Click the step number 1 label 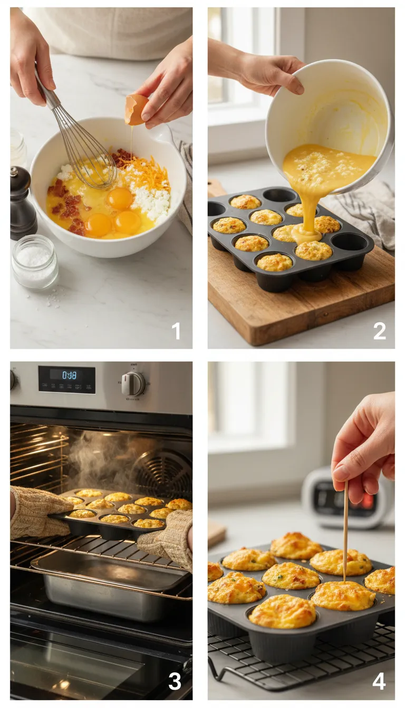pyautogui.click(x=176, y=331)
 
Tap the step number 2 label pyautogui.click(x=379, y=331)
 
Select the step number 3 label pyautogui.click(x=175, y=681)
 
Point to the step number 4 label pyautogui.click(x=379, y=681)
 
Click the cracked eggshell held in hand pyautogui.click(x=136, y=109)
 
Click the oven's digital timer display pyautogui.click(x=67, y=376)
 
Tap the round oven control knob pyautogui.click(x=133, y=384)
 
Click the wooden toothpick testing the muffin pyautogui.click(x=345, y=532)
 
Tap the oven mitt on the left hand pyautogui.click(x=37, y=511)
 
